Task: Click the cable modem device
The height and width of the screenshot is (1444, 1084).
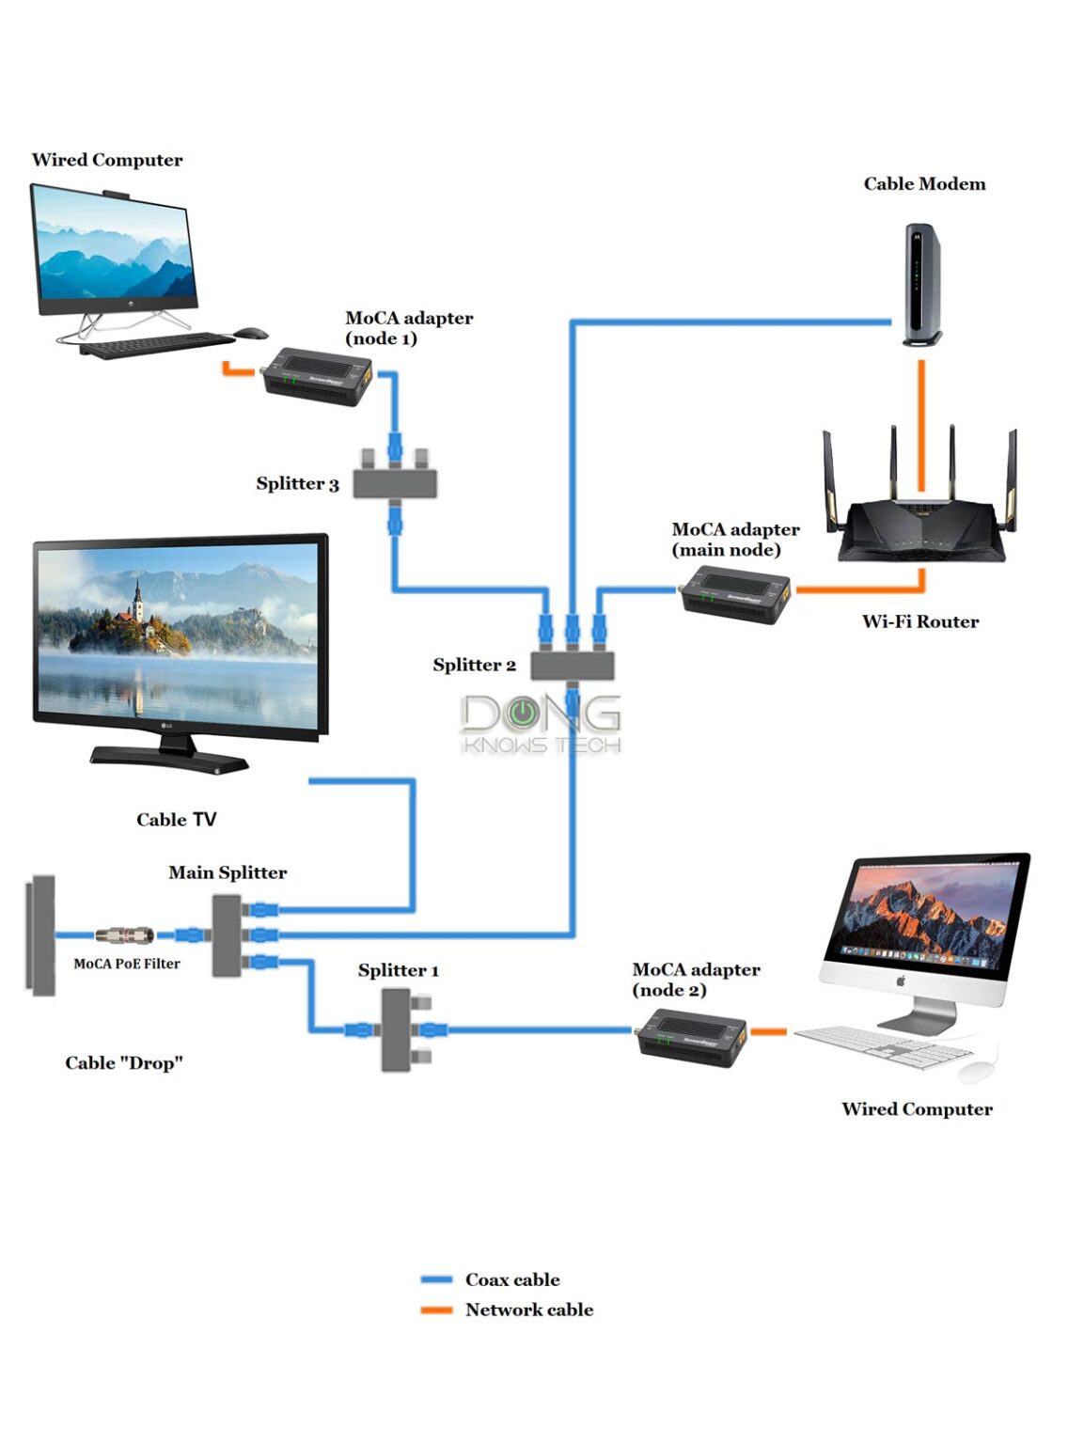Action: click(920, 284)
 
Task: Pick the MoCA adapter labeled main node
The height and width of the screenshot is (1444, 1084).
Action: click(736, 594)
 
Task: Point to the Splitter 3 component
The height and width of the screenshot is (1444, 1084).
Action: click(395, 483)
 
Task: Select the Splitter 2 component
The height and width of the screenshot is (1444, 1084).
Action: click(572, 665)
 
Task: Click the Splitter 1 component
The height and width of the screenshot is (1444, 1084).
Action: click(395, 1030)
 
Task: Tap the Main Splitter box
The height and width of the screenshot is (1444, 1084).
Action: click(227, 935)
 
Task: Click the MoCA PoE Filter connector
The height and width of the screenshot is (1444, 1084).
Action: click(125, 935)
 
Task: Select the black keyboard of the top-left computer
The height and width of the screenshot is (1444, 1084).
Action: click(156, 345)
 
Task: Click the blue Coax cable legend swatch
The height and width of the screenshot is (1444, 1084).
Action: click(436, 1279)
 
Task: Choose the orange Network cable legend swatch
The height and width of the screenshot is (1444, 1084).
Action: click(436, 1310)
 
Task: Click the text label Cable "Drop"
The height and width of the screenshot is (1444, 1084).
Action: click(123, 1063)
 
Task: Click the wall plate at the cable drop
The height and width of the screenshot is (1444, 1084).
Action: click(41, 935)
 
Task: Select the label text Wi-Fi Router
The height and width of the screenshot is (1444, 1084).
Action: click(919, 621)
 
